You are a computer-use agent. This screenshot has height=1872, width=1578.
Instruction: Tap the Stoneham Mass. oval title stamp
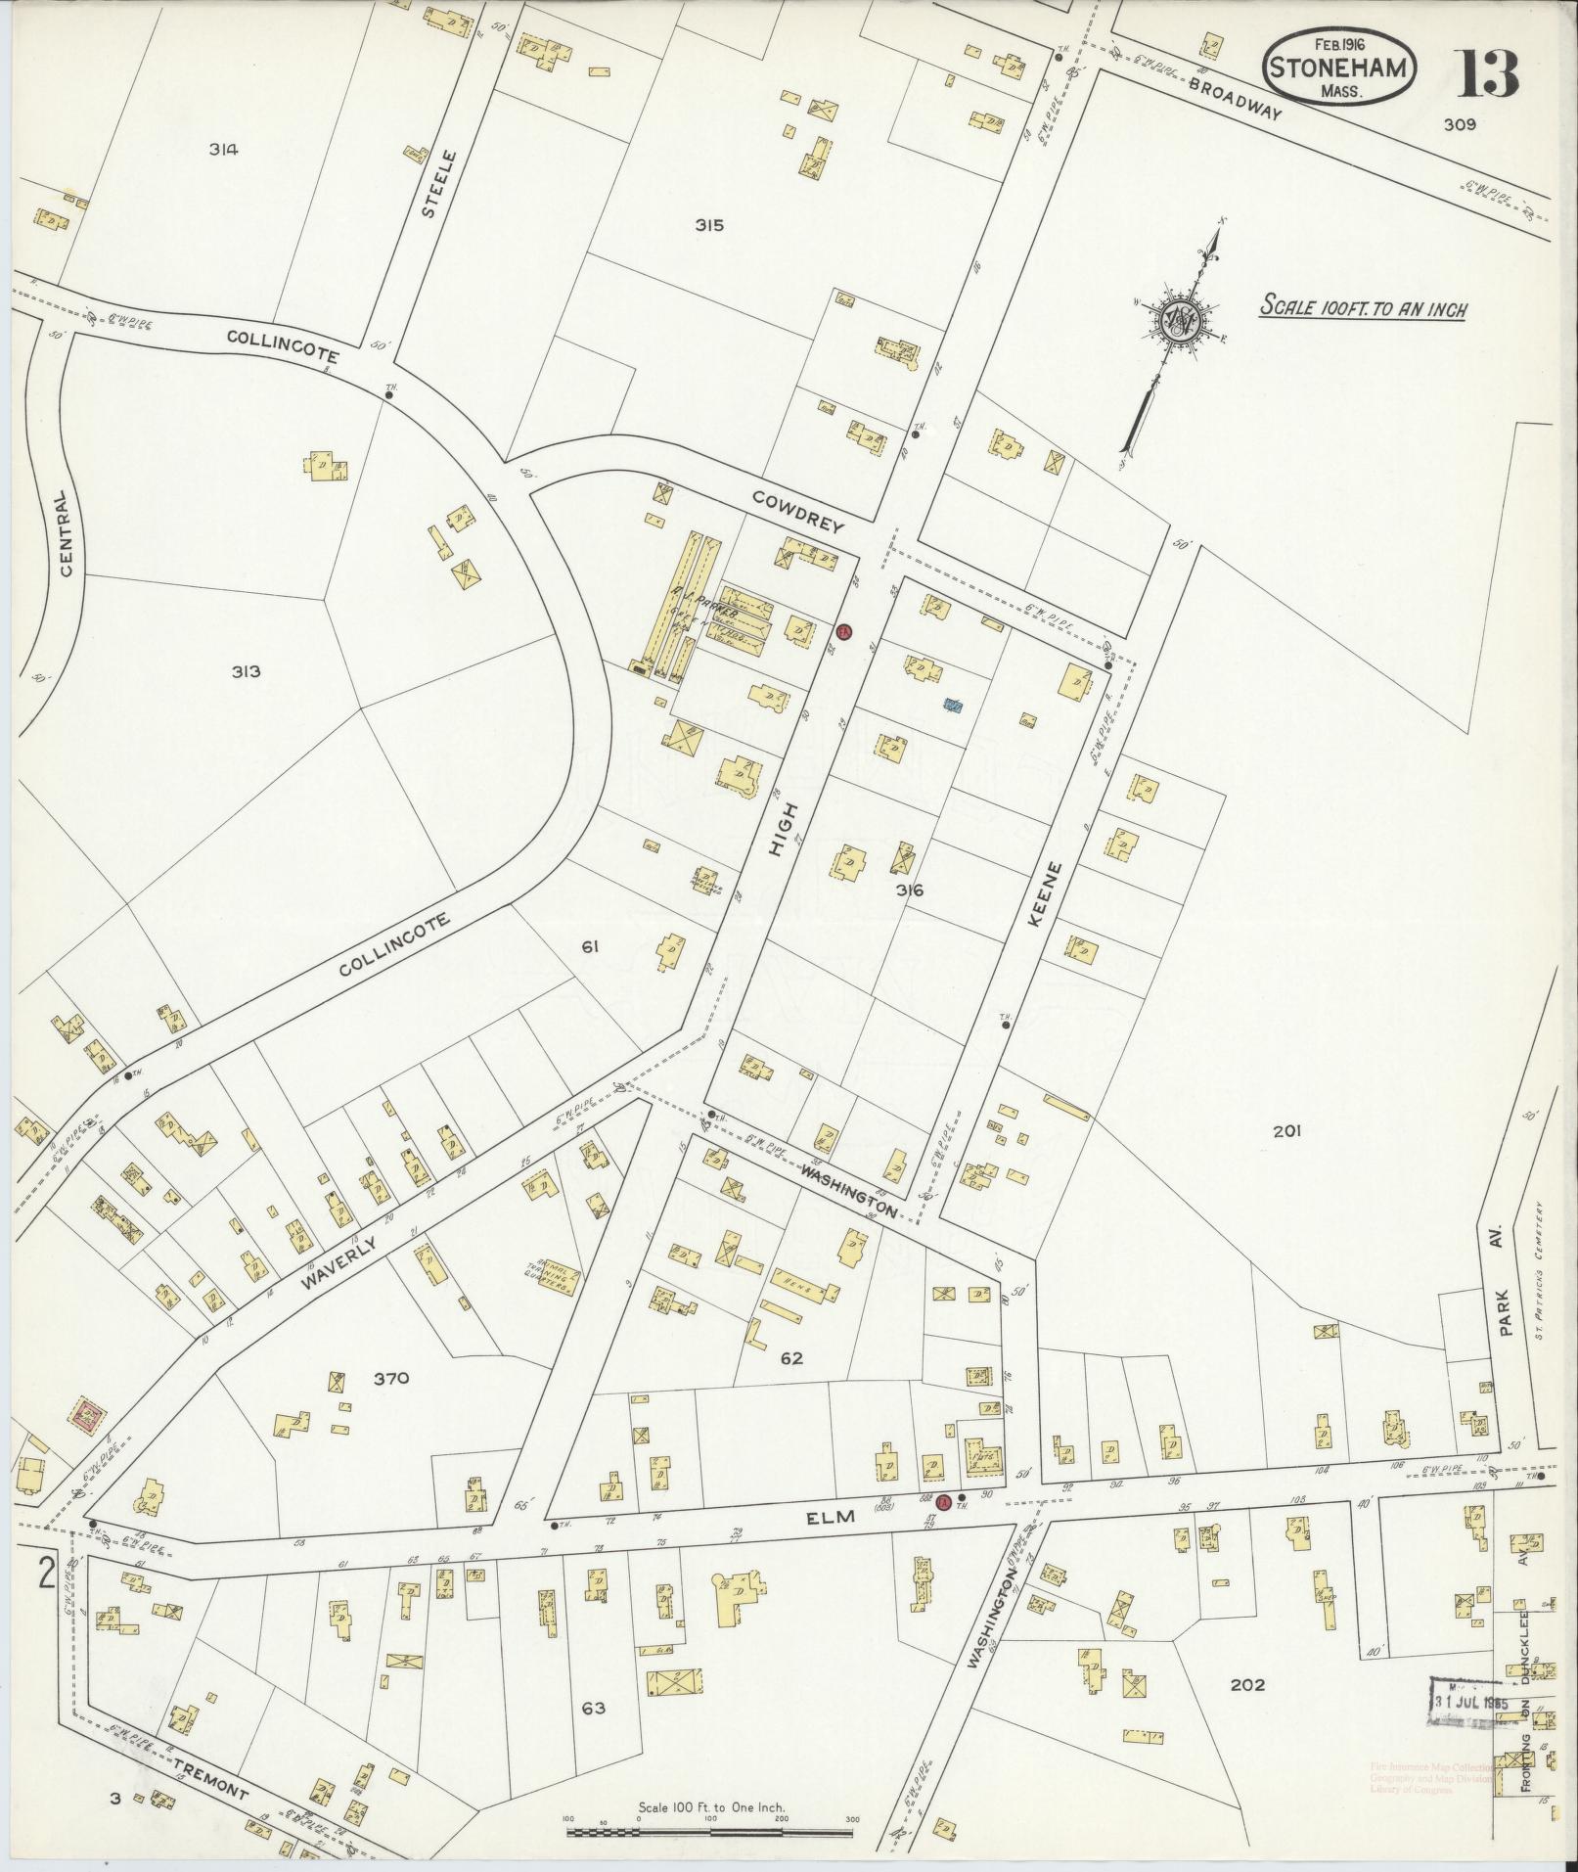[x=1342, y=67]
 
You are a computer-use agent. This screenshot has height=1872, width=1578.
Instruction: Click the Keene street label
[x=1040, y=894]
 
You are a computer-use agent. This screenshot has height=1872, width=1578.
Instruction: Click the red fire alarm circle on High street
[x=845, y=630]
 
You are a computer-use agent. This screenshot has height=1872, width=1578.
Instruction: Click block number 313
[x=247, y=671]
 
